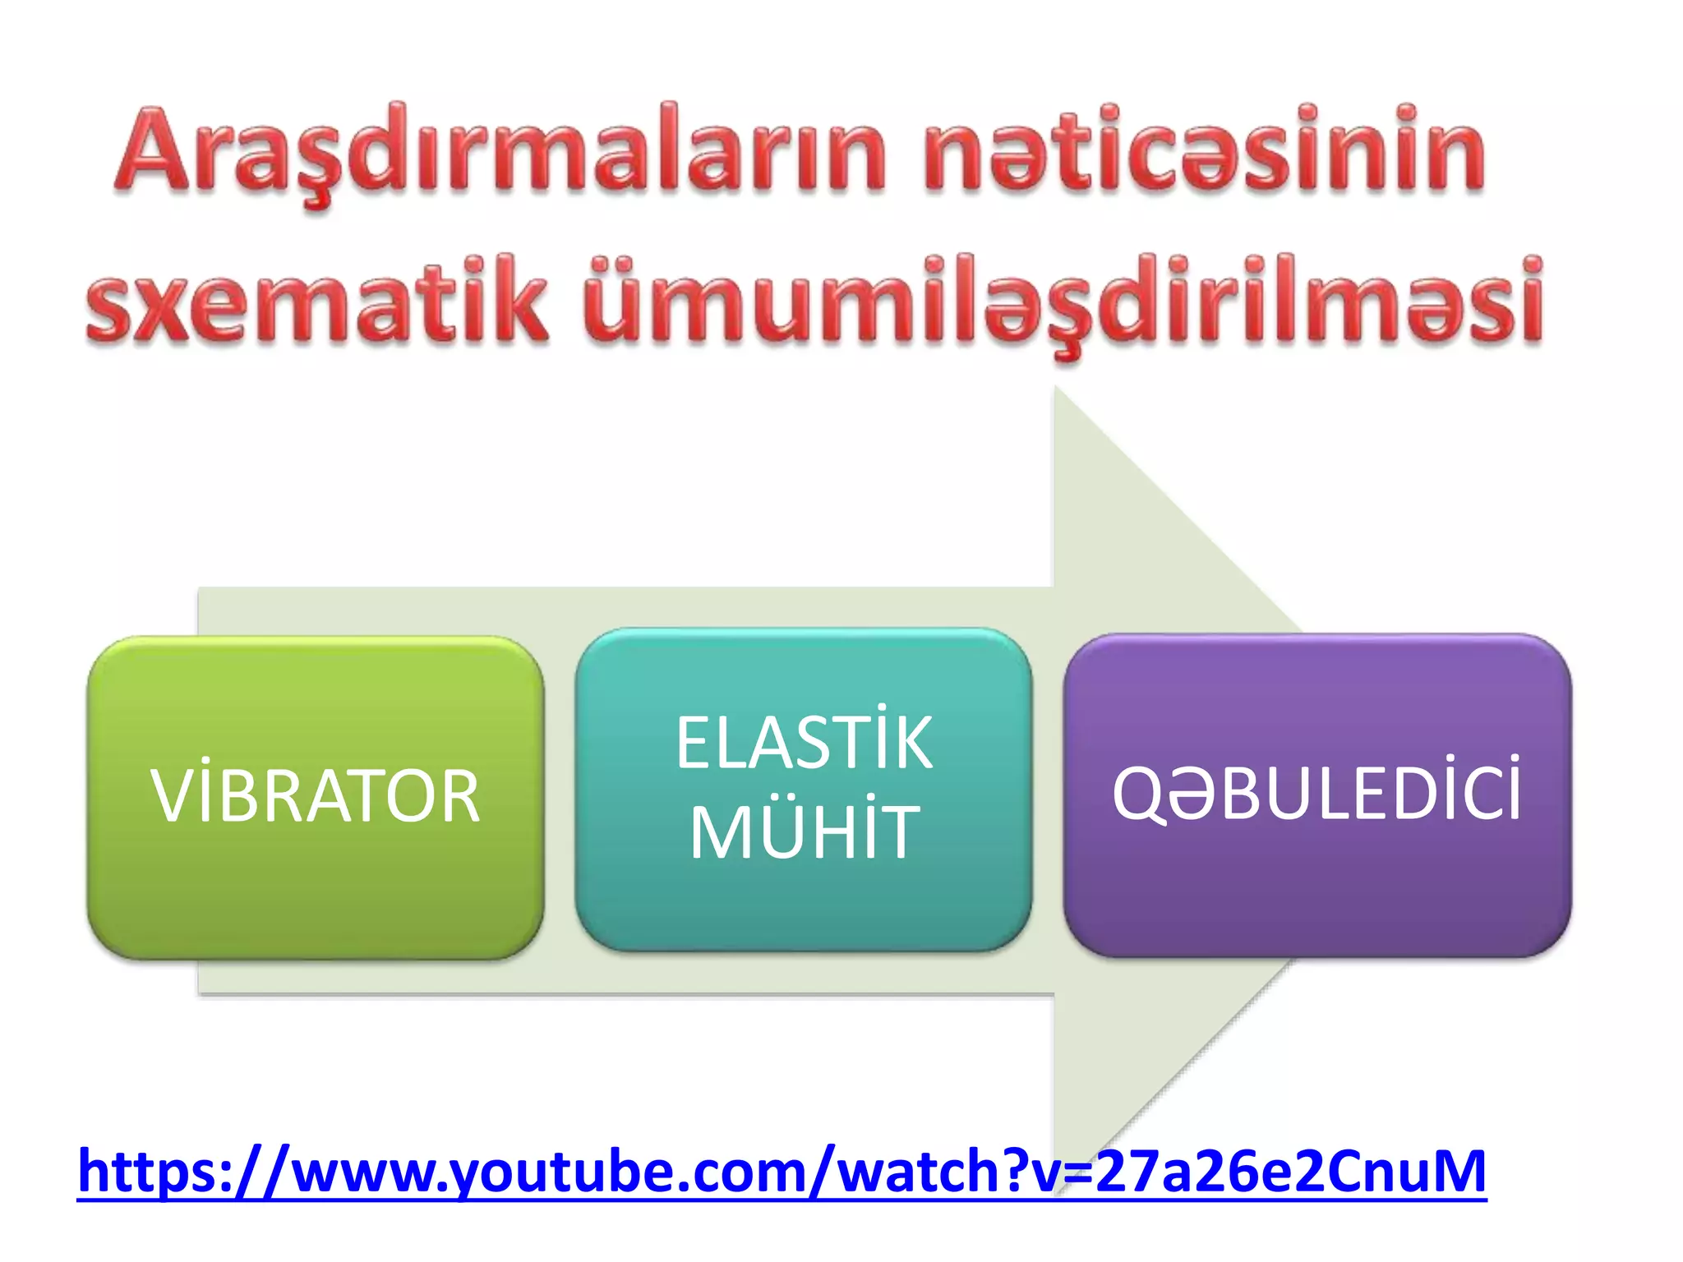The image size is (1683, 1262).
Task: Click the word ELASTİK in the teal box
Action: tap(804, 743)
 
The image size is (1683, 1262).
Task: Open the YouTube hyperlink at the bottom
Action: tap(781, 1170)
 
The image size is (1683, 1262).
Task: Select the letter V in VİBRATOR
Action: tap(171, 797)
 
